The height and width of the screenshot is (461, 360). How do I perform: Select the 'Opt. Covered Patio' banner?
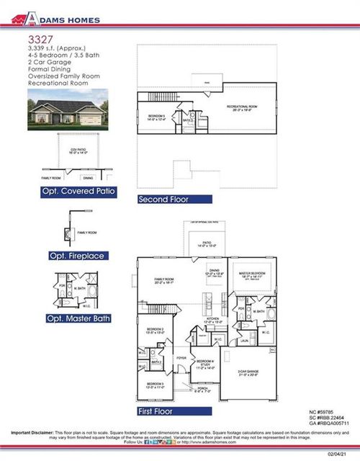[79, 192]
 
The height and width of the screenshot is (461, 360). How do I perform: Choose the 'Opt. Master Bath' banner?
[78, 318]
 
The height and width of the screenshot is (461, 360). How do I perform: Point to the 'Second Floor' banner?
[174, 199]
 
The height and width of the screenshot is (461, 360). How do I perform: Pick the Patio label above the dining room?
[206, 244]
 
